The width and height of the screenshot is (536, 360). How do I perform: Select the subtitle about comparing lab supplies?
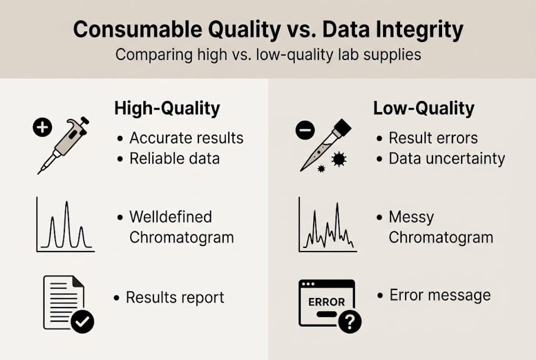(x=268, y=54)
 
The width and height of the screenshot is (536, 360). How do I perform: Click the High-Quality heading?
(x=167, y=108)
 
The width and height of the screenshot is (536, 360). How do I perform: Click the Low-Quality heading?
(x=424, y=108)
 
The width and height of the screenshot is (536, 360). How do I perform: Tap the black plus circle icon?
(x=42, y=128)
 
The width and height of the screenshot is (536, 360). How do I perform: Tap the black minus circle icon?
(x=305, y=131)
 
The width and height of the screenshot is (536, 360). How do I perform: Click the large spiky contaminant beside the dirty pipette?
(x=339, y=159)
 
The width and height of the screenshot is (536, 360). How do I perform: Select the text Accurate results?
(x=186, y=138)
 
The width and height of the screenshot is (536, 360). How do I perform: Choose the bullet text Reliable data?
(x=174, y=158)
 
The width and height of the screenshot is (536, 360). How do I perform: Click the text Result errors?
(x=433, y=138)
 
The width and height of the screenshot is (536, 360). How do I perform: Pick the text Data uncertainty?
(x=447, y=158)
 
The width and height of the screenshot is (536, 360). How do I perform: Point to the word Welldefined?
(x=170, y=217)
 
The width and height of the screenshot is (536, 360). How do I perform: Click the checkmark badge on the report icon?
(x=82, y=322)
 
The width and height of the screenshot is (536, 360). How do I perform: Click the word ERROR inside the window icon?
(x=326, y=302)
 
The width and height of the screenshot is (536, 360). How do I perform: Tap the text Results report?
(x=175, y=297)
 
